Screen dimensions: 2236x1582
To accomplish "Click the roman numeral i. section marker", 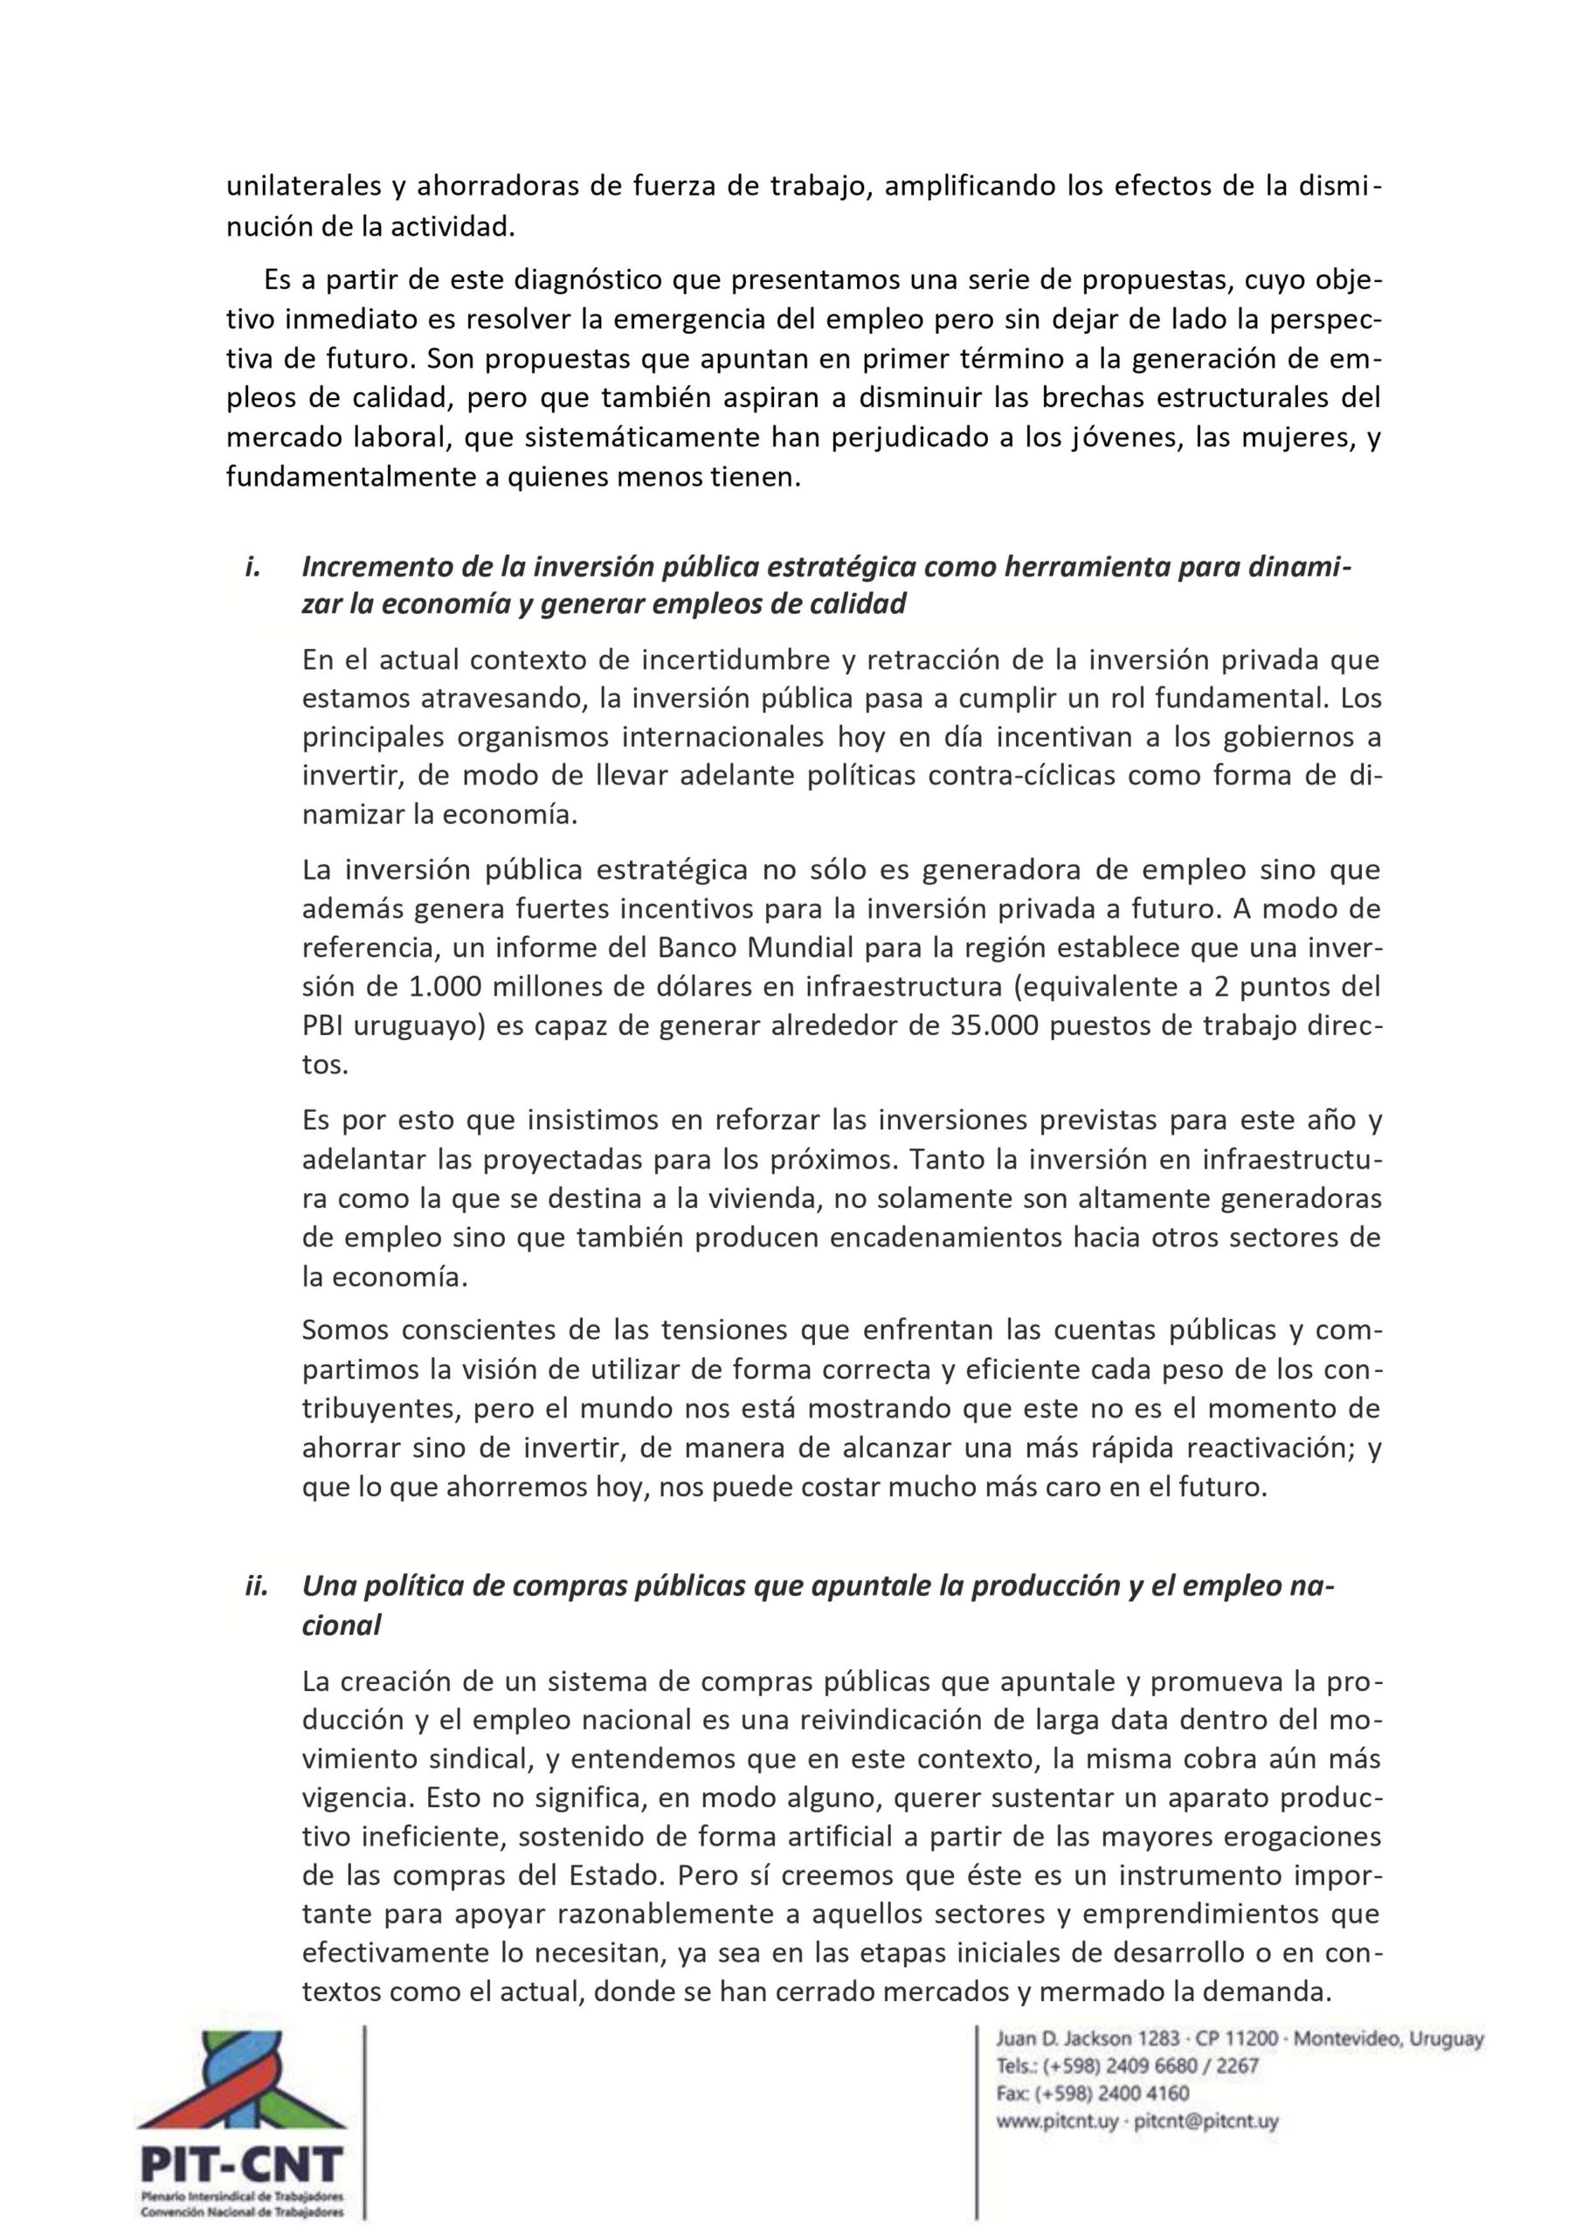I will [x=252, y=566].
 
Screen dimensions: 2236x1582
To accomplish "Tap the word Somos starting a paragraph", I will [x=345, y=1329].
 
